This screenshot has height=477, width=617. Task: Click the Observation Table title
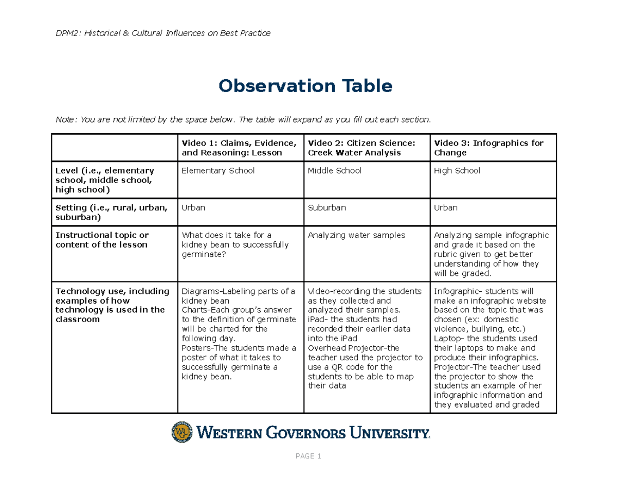click(x=305, y=86)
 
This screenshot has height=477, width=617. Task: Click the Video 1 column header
click(x=238, y=148)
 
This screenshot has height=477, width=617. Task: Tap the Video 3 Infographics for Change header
click(x=488, y=148)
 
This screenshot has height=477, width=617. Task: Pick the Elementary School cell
click(x=218, y=171)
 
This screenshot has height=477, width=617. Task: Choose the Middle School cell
click(x=334, y=171)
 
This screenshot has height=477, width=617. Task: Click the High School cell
click(x=457, y=171)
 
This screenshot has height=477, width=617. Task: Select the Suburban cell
click(x=326, y=208)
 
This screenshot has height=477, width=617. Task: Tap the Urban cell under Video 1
click(x=193, y=208)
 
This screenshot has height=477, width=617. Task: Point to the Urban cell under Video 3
click(x=446, y=208)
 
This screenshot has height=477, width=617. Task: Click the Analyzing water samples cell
click(x=356, y=235)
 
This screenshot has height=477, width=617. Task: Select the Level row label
click(x=105, y=180)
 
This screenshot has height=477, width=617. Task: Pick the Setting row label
click(x=112, y=213)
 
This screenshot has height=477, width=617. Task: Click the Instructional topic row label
click(x=102, y=240)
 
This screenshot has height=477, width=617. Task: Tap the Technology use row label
click(x=112, y=305)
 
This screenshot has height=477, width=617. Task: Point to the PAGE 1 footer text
click(x=308, y=456)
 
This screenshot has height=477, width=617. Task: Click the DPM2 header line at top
click(x=163, y=33)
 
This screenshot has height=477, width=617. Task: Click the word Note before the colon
click(x=65, y=120)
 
